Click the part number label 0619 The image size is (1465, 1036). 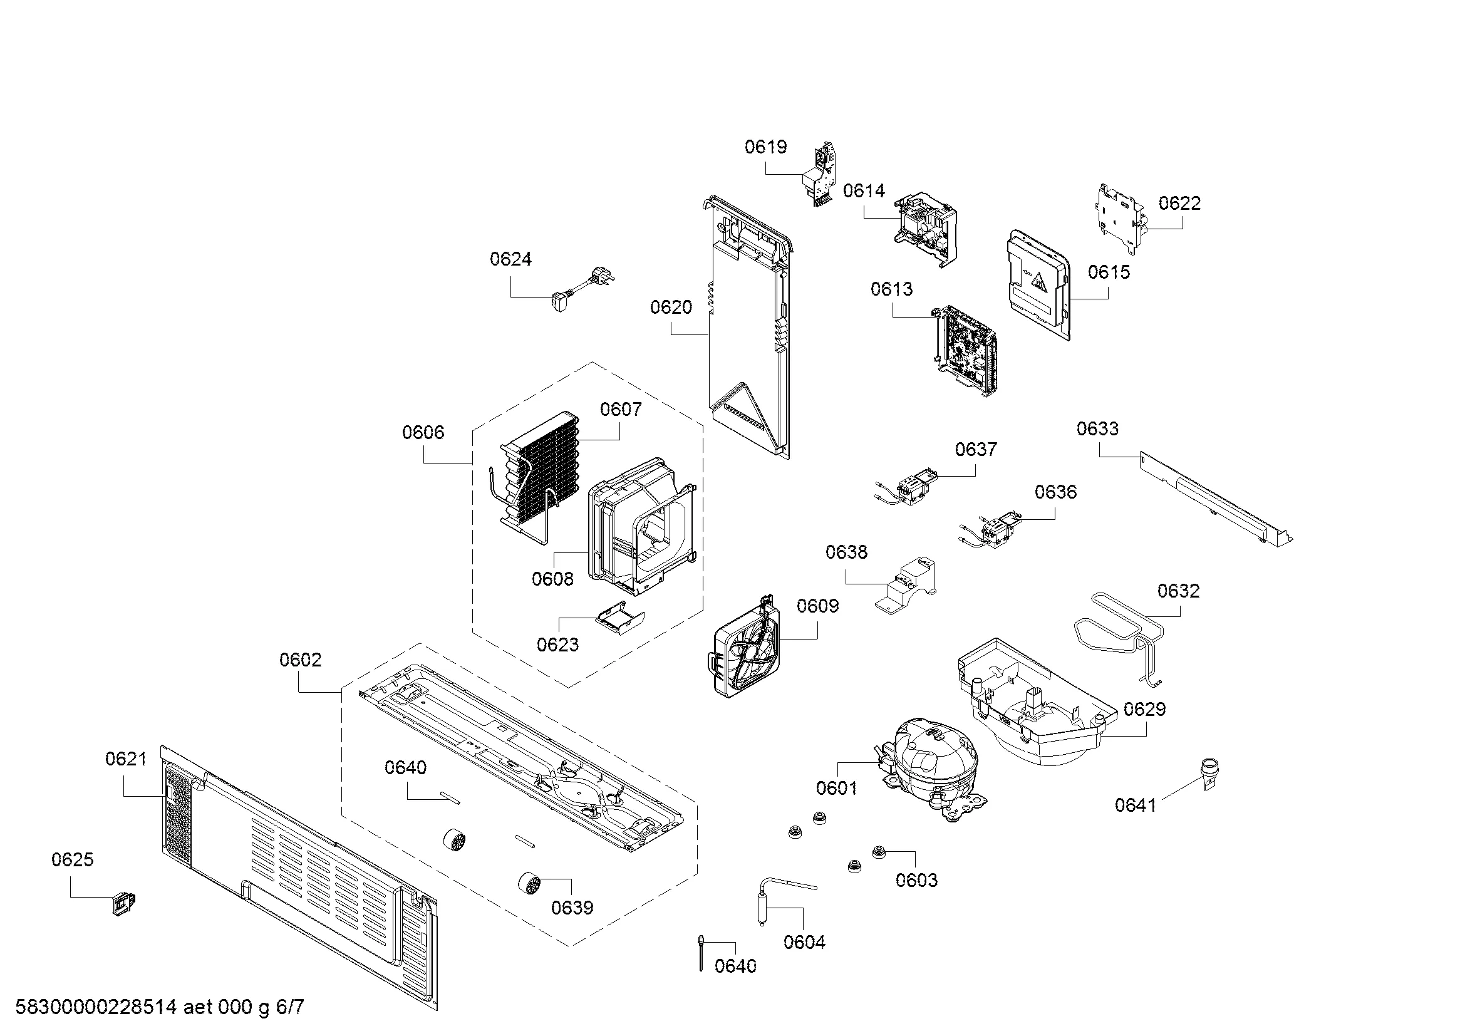coord(765,147)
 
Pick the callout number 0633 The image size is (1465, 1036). coord(1097,428)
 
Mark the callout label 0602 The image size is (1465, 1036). coord(301,660)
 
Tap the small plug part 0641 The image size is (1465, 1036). coord(1207,772)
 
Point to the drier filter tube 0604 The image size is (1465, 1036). coord(763,899)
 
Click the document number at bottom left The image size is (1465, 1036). coord(160,1007)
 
